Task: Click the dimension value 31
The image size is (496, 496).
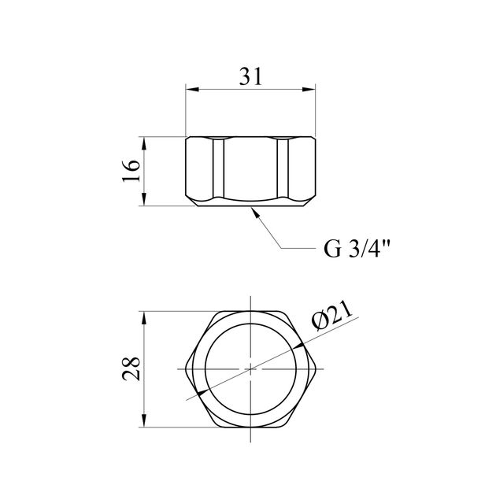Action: tap(250, 77)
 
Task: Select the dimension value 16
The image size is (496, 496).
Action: tap(131, 171)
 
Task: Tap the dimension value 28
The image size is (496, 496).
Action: tap(131, 368)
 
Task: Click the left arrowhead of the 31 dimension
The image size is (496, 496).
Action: tap(192, 90)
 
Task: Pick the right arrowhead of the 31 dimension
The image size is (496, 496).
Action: tap(309, 90)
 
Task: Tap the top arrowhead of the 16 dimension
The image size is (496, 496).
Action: tap(144, 143)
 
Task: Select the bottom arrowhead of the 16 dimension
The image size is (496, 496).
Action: tap(144, 199)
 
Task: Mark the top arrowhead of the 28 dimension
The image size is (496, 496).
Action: tap(144, 318)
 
